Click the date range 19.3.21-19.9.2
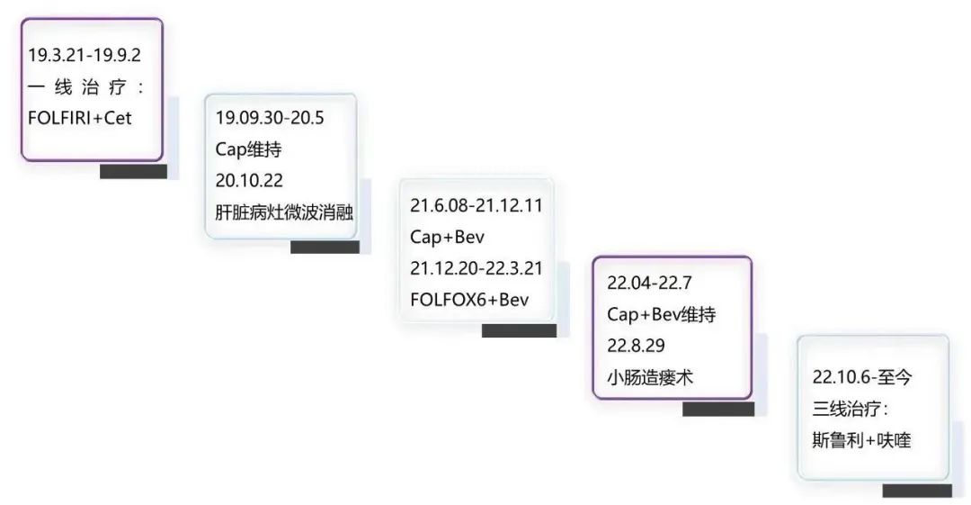(x=85, y=55)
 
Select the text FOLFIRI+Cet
(x=80, y=118)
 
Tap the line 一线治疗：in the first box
(x=86, y=86)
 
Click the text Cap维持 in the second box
(x=248, y=149)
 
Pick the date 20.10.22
(x=250, y=181)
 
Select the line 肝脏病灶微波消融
(x=284, y=212)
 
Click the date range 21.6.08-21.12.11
(x=477, y=204)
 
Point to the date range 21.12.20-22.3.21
(x=477, y=267)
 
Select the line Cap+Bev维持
(x=661, y=314)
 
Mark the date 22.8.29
(x=636, y=346)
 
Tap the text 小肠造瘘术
(x=650, y=377)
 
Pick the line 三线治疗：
(x=850, y=409)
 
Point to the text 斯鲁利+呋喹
(x=861, y=440)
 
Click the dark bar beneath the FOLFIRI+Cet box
(x=133, y=171)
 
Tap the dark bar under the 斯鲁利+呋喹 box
(x=916, y=491)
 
